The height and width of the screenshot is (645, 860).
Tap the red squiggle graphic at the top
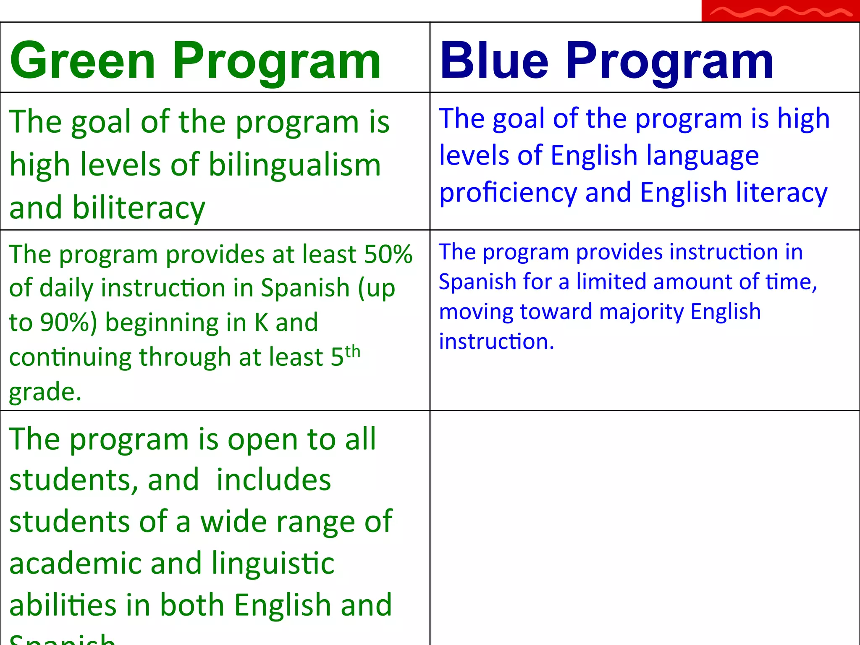tap(780, 12)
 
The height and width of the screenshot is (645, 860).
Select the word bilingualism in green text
tap(294, 165)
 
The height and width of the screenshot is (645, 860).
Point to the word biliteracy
tap(138, 207)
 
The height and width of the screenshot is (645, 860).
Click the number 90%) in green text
tap(69, 322)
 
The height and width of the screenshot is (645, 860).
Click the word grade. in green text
tap(45, 392)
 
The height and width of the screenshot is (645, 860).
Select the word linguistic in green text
tap(273, 564)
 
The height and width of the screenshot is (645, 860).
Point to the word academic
tap(76, 564)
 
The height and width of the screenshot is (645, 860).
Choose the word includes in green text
tap(273, 480)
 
